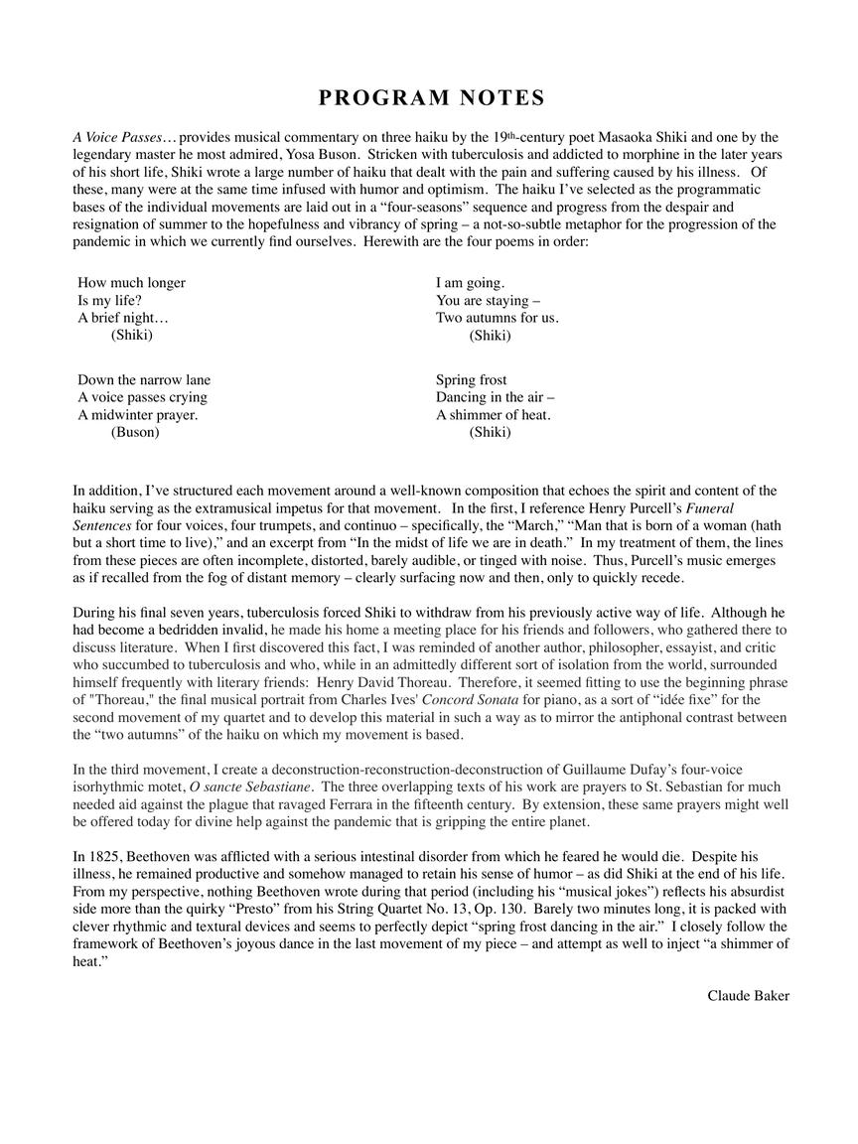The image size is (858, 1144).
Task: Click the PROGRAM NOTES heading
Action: tap(431, 97)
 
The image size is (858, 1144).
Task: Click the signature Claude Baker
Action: tap(748, 995)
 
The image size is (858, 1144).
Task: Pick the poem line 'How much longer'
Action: tap(131, 282)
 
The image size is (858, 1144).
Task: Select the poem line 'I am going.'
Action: tap(470, 282)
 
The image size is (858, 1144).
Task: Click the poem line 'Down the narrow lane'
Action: tap(144, 379)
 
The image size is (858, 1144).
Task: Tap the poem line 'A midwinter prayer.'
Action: tap(137, 415)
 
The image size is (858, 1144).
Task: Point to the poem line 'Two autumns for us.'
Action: tap(497, 318)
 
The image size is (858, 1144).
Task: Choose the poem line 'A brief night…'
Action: tap(123, 318)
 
